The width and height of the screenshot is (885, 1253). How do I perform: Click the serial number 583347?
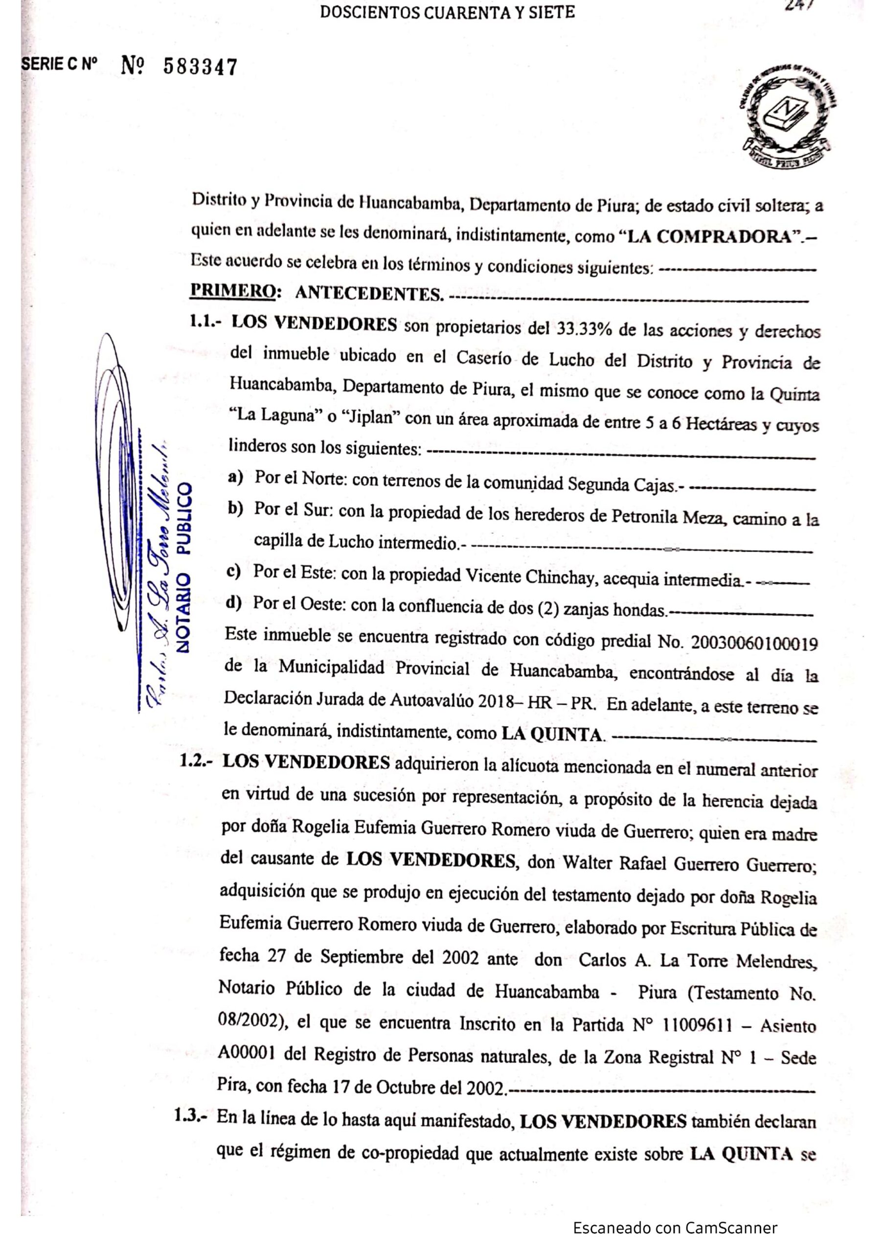coord(200,67)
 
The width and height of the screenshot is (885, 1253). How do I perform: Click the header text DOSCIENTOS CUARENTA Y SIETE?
coord(448,13)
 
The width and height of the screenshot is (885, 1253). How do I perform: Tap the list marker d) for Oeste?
coord(234,604)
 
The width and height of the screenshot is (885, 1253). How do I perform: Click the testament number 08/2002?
coord(250,1021)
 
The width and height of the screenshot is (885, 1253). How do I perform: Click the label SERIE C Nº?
coord(59,65)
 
